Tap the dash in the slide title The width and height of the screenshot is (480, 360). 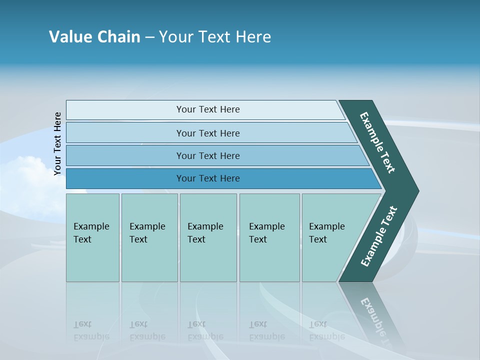tap(149, 37)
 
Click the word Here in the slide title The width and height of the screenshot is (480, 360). tap(253, 37)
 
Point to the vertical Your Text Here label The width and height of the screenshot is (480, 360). tap(57, 144)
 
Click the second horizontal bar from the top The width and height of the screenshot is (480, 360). tap(208, 133)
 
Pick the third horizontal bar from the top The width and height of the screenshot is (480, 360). tap(208, 155)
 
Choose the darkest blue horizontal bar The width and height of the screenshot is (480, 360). tap(208, 178)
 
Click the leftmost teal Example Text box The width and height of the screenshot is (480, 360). tap(92, 237)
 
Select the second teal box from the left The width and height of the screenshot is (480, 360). tap(149, 237)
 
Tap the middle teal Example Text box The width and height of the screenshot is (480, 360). tap(208, 237)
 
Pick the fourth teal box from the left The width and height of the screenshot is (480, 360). tap(269, 237)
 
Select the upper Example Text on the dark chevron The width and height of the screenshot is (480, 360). tap(377, 142)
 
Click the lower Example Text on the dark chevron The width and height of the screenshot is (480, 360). tap(379, 236)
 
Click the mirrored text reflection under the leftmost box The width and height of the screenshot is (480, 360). tap(91, 330)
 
